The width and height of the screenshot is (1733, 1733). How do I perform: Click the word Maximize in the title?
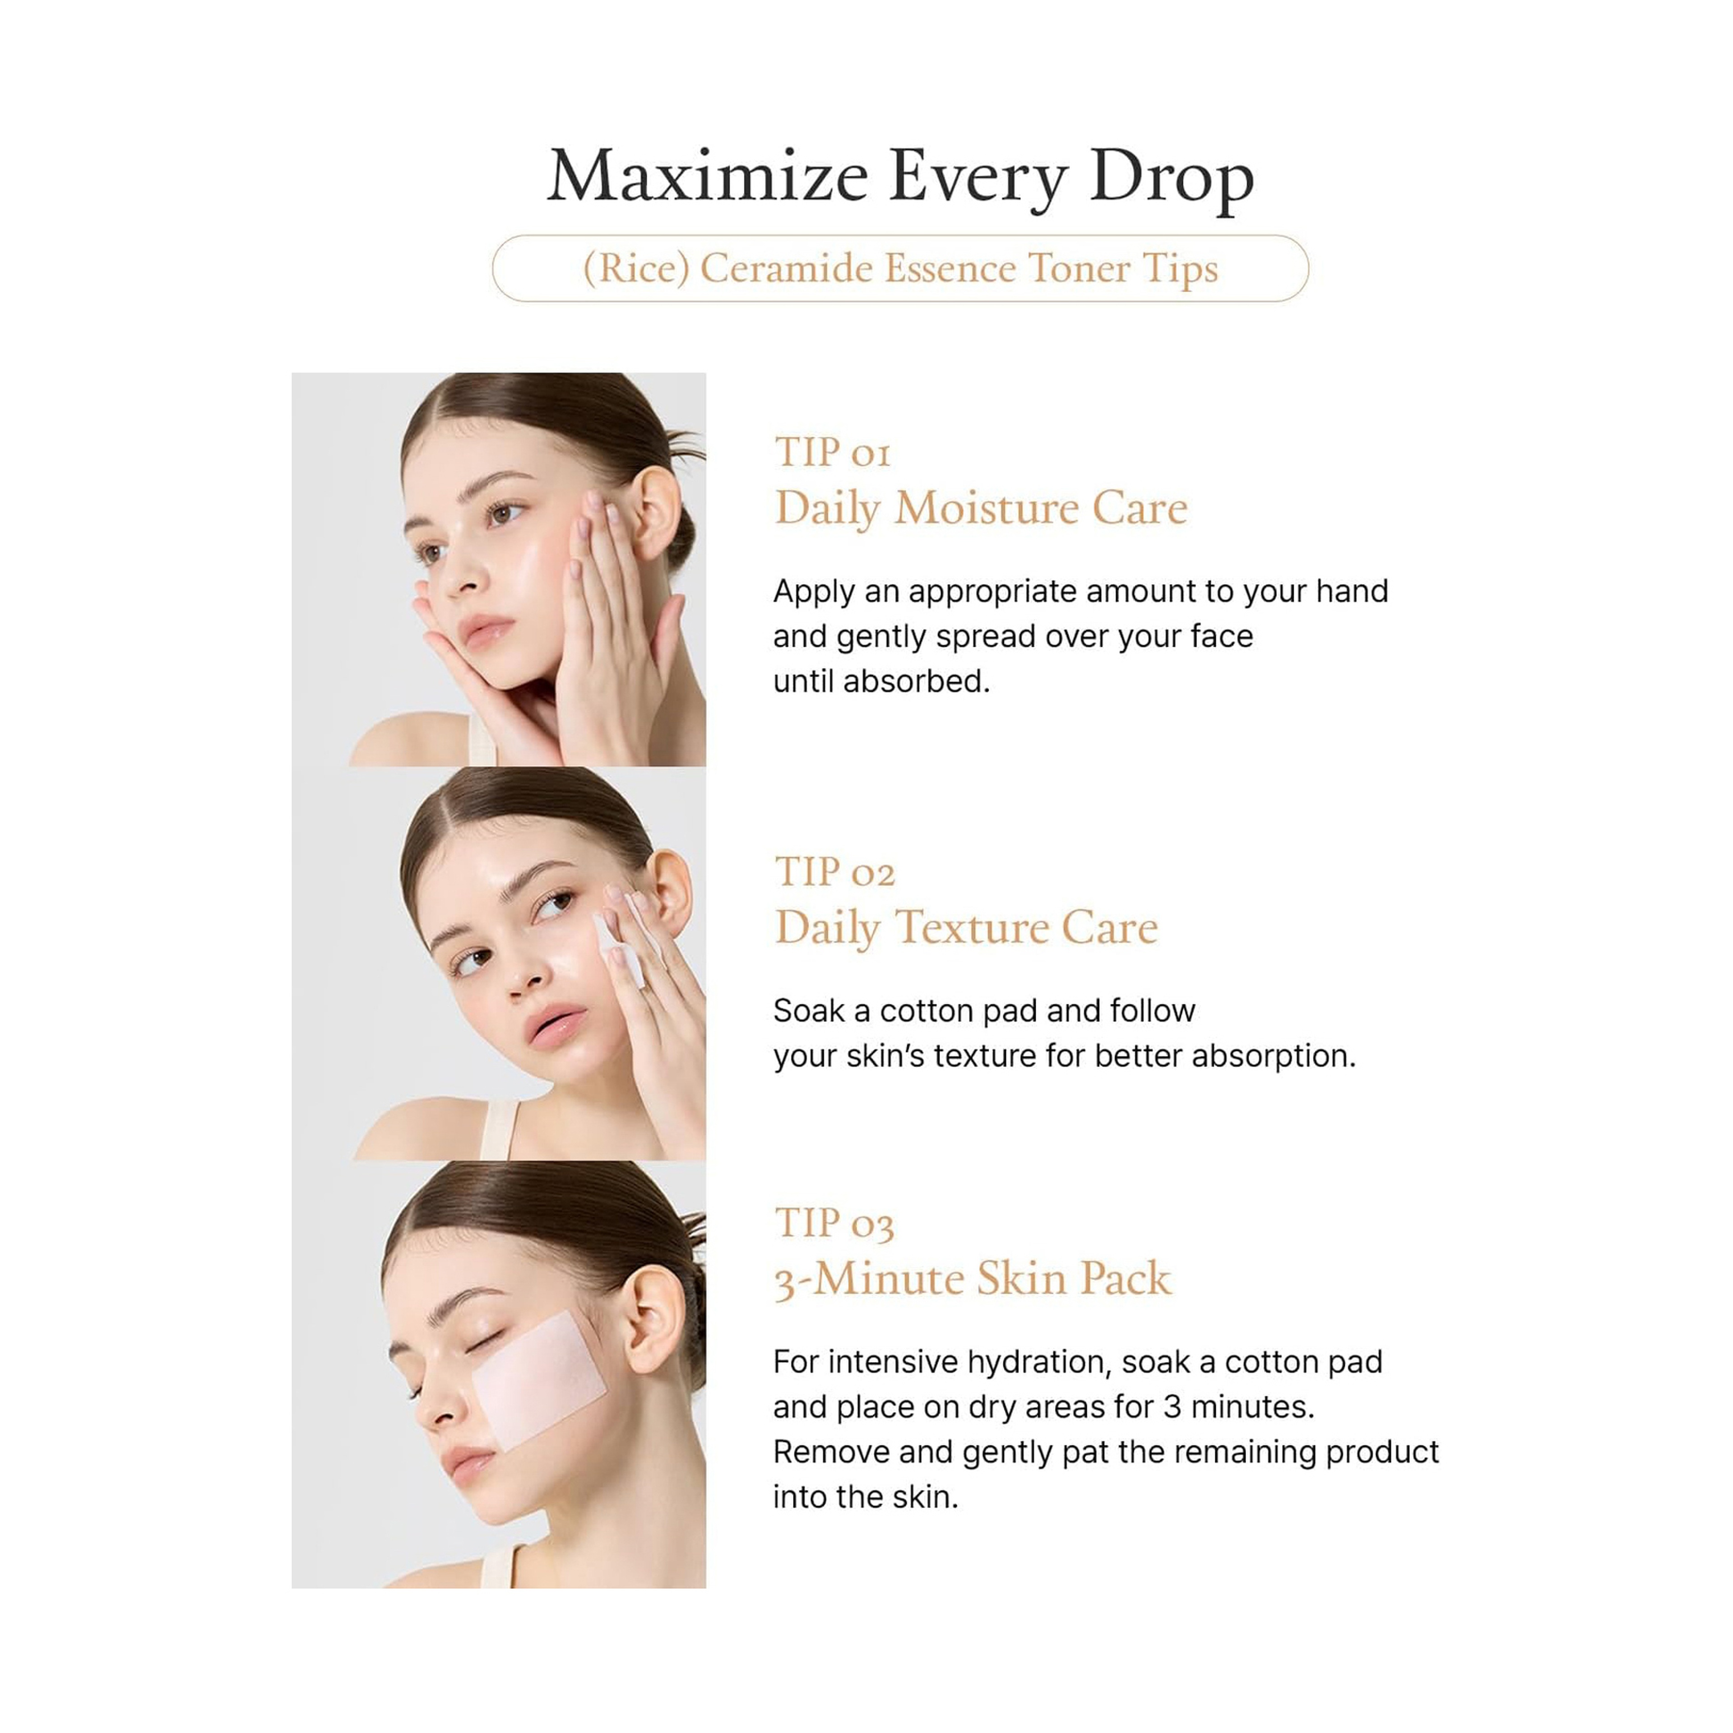pos(707,176)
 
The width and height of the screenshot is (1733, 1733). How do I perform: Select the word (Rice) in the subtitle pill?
pos(635,268)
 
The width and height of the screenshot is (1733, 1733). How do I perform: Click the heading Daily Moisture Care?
pos(980,509)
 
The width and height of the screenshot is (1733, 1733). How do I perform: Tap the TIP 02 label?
pos(834,872)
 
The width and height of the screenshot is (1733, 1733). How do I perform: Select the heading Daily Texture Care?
pos(966,927)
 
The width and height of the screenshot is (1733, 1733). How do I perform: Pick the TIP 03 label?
pos(834,1223)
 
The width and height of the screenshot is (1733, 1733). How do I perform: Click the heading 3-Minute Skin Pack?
pos(973,1279)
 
